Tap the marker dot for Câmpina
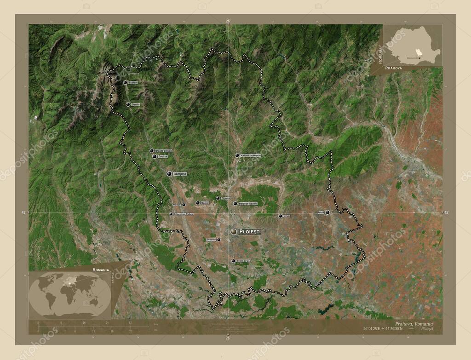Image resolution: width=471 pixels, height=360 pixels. (x=169, y=174)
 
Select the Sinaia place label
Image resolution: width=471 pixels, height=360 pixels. (x=135, y=104)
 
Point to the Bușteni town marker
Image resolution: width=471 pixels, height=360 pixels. (x=126, y=83)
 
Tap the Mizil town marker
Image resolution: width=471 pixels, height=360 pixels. (x=327, y=212)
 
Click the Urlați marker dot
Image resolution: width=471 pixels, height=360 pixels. (x=281, y=216)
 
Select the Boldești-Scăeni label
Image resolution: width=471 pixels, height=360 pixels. (x=248, y=203)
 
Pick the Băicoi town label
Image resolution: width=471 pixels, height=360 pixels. (x=205, y=203)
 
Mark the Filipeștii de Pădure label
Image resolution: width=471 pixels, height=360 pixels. (x=184, y=214)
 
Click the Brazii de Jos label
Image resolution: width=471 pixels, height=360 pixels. (x=244, y=261)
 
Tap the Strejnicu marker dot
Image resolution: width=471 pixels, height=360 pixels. (x=219, y=240)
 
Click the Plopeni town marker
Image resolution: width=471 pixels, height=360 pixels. (x=218, y=198)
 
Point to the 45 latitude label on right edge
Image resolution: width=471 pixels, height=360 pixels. (x=445, y=212)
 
